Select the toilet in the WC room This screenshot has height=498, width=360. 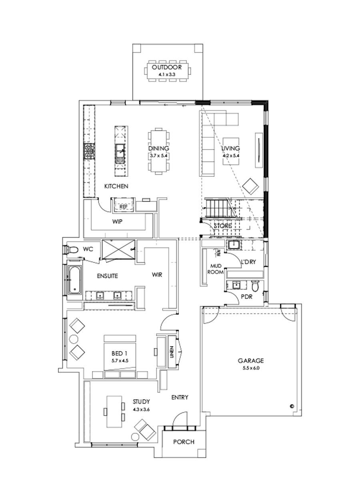click(72, 250)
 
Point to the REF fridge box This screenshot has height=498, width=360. click(124, 206)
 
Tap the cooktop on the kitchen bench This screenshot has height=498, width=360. click(88, 152)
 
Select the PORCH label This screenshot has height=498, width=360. click(184, 442)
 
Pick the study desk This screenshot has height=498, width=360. click(113, 412)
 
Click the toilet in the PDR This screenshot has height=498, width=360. click(256, 286)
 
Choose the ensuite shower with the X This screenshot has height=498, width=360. click(119, 250)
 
